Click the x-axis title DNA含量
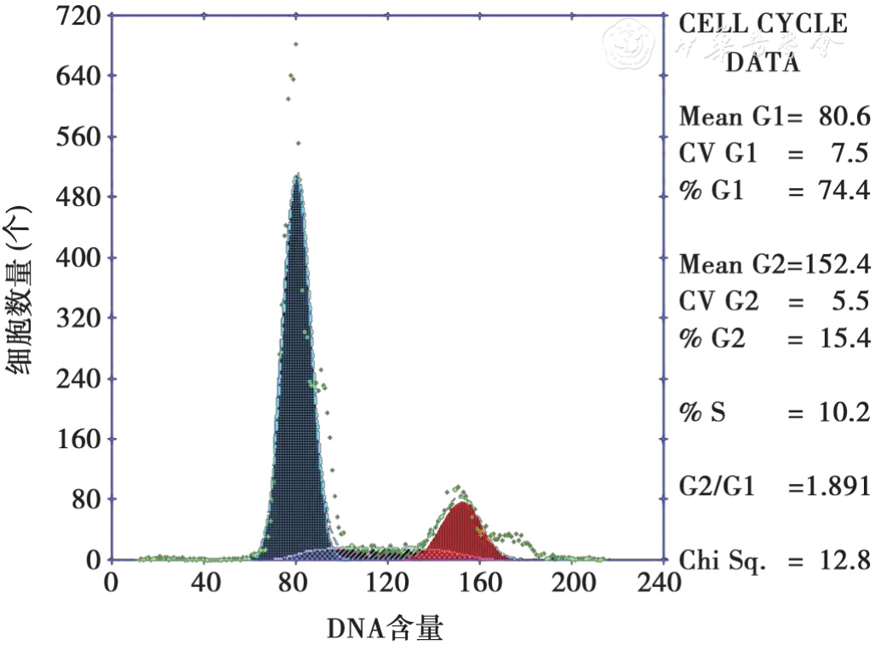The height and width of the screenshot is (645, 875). pos(385,629)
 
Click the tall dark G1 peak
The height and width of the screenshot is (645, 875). pos(296,383)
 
